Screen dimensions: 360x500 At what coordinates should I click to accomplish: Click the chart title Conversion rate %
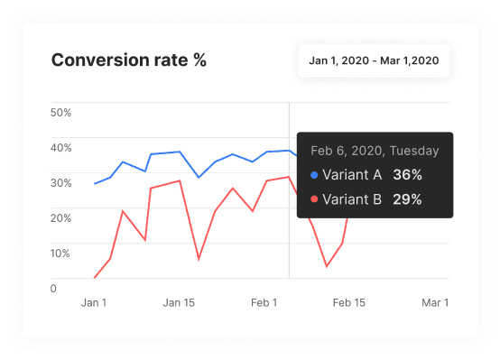tap(128, 60)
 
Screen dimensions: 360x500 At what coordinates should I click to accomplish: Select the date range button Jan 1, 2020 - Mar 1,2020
tap(374, 60)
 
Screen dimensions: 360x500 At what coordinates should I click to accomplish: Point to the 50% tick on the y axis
tap(61, 113)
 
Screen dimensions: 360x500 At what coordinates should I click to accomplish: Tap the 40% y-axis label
tap(61, 148)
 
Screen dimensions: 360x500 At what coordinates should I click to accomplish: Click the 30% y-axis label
tap(61, 183)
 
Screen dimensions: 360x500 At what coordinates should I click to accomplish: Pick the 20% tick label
tap(61, 218)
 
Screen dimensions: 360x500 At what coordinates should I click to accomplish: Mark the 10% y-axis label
tap(60, 254)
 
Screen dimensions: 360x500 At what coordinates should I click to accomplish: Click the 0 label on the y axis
tap(54, 289)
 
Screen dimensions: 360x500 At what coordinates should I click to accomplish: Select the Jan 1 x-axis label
tap(94, 303)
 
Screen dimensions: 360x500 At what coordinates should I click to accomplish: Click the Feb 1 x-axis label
tap(264, 303)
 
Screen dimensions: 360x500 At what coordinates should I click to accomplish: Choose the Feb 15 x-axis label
tap(348, 303)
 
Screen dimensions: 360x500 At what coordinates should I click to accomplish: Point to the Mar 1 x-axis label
tap(434, 303)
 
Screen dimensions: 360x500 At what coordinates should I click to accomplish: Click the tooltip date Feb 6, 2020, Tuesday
tap(375, 152)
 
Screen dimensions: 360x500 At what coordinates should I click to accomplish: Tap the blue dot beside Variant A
tap(314, 176)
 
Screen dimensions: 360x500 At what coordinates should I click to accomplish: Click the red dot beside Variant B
tap(314, 200)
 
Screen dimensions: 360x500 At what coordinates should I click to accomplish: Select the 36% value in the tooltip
tap(407, 176)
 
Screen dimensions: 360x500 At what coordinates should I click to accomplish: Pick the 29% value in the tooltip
tap(407, 200)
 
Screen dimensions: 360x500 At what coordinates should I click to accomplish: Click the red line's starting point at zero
tap(95, 278)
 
